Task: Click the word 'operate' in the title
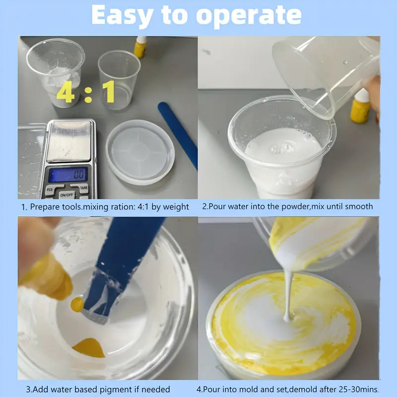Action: click(x=249, y=16)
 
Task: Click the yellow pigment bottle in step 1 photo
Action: click(x=140, y=47)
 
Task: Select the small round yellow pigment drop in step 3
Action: click(x=77, y=304)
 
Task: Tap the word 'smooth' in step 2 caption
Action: click(x=358, y=206)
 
